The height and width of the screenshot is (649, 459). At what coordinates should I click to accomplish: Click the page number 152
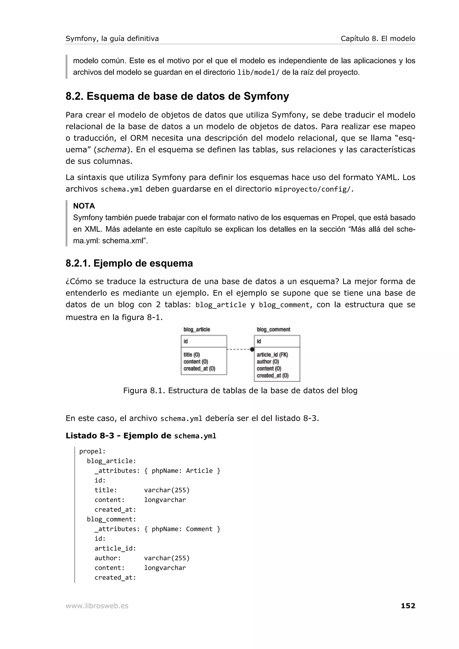click(408, 606)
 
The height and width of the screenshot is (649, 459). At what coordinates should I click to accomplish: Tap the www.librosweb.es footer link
click(97, 606)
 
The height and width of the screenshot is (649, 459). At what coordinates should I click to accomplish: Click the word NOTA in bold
click(84, 206)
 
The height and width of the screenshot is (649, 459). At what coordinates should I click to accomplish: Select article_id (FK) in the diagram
click(272, 355)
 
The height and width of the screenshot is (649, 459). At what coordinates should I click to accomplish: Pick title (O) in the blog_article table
click(191, 355)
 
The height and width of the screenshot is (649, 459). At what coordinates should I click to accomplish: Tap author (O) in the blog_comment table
click(268, 361)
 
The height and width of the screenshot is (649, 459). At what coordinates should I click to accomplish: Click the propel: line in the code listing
click(92, 451)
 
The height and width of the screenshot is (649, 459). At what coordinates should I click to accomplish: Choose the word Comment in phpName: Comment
click(199, 529)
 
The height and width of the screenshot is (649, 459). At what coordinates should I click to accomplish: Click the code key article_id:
click(115, 548)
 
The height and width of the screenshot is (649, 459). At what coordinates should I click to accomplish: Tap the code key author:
click(108, 558)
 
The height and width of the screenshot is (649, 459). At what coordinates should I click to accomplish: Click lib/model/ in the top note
click(258, 72)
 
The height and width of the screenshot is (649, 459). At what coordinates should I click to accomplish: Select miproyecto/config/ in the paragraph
click(313, 189)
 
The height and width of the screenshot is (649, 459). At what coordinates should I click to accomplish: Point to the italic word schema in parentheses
click(111, 150)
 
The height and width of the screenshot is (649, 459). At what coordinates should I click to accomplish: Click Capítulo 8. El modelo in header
click(378, 39)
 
